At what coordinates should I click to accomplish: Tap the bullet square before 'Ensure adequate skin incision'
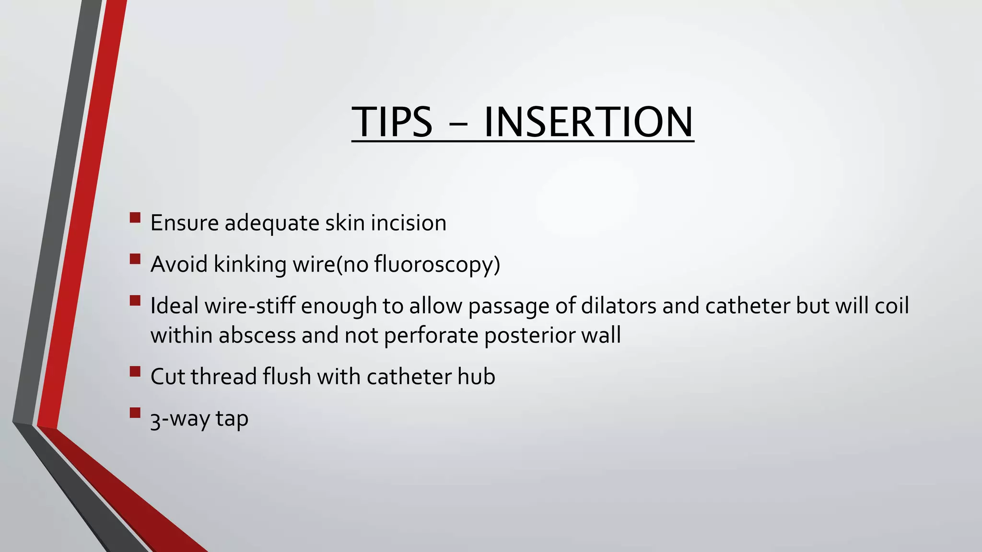coord(135,218)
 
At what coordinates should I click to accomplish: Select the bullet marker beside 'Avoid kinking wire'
coord(135,259)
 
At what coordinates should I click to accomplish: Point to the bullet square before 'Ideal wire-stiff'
coord(135,301)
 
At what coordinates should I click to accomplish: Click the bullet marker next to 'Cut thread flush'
coord(135,371)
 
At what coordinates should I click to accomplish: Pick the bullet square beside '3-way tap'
coord(135,413)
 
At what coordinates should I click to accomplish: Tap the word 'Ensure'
coord(184,223)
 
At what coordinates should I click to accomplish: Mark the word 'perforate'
coord(431,335)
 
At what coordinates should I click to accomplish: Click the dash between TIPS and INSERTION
coord(458,124)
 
